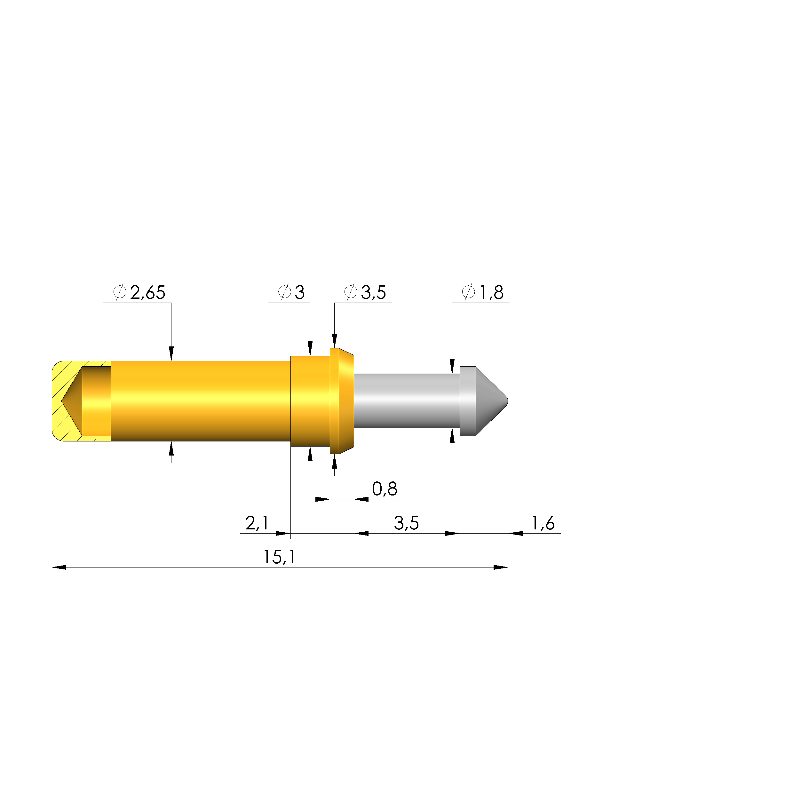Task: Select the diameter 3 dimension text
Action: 300,293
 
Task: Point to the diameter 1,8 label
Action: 492,293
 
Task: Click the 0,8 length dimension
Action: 385,489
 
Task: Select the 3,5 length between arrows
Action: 406,523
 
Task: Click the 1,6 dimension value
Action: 543,523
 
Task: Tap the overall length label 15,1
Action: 280,557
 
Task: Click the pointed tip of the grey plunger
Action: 507,401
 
